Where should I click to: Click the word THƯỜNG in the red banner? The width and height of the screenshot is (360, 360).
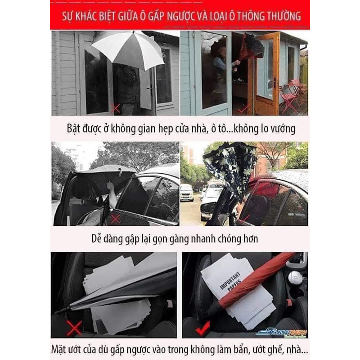(281, 17)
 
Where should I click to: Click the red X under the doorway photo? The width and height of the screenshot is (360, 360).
(116, 108)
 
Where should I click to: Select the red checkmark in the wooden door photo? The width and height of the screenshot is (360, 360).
(243, 109)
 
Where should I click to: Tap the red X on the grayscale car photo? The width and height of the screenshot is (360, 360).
(116, 219)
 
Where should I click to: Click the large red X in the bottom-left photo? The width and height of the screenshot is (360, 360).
(74, 327)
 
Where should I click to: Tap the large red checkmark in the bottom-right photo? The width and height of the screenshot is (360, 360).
(202, 327)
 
